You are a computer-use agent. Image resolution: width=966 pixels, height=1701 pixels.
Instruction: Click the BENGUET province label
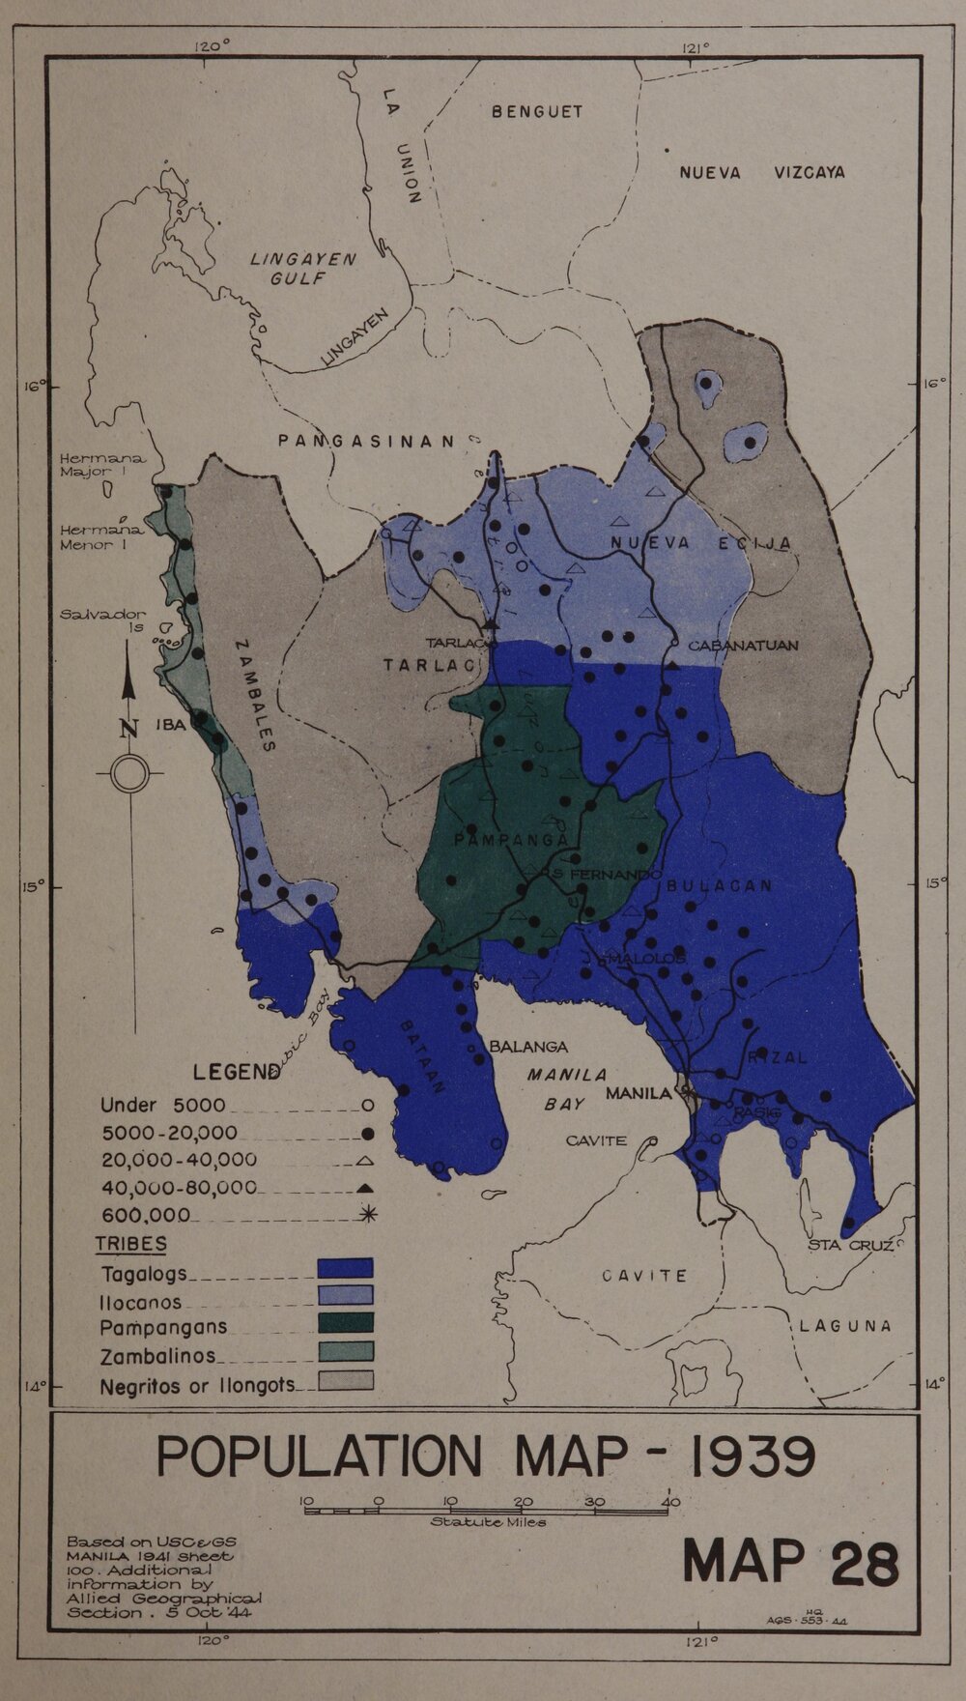click(537, 111)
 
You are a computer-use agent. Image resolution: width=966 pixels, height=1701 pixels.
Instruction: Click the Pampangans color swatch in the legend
click(345, 1324)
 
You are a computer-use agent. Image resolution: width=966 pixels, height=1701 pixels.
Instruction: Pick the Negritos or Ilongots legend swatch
click(345, 1379)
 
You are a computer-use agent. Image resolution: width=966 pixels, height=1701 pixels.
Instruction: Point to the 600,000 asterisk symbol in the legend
click(366, 1215)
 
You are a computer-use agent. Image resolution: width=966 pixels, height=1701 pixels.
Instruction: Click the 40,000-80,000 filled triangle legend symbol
click(366, 1187)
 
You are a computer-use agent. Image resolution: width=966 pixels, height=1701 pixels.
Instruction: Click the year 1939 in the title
click(748, 1456)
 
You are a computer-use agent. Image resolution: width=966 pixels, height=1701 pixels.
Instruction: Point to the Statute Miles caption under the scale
click(488, 1522)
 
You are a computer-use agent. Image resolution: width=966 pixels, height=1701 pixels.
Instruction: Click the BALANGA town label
click(528, 1047)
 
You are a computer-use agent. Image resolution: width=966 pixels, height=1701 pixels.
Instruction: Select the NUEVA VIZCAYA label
click(761, 173)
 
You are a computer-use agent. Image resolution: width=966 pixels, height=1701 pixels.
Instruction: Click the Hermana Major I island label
click(94, 466)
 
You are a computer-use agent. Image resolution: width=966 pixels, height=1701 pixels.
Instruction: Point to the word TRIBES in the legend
click(130, 1244)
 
